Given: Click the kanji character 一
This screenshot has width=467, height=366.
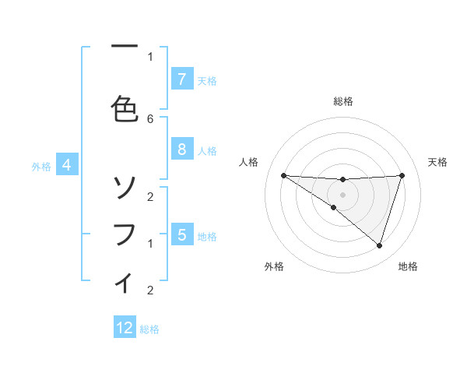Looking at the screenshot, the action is (x=125, y=48).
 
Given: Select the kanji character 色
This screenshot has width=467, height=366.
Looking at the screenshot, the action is (x=125, y=108).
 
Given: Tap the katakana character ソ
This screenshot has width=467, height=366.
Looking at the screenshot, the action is (x=125, y=186).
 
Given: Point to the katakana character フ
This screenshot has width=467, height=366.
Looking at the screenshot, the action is (x=125, y=234).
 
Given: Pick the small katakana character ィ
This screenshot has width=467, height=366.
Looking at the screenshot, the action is (x=125, y=282).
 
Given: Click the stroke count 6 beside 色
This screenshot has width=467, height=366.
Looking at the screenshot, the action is (x=150, y=118).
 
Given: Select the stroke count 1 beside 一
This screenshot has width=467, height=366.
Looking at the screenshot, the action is (x=150, y=56).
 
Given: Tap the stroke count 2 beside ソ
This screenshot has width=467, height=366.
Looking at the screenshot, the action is (x=150, y=196).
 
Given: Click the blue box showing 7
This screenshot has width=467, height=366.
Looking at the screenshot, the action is (x=181, y=79).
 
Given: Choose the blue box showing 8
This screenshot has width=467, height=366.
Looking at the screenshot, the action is (x=181, y=150).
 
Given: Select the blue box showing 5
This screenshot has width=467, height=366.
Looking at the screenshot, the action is (x=181, y=234).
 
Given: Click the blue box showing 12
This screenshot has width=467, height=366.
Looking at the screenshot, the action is (x=125, y=328).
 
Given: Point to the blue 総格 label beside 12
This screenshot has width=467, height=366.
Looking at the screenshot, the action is (x=149, y=329).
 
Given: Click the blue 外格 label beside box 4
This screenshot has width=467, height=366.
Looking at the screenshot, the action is (x=41, y=166).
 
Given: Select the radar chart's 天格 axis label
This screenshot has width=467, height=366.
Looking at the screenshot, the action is (x=438, y=162).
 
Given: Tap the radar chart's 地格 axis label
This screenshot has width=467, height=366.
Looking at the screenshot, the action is (x=408, y=266).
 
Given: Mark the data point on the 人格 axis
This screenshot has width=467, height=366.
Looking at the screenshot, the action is (x=283, y=175).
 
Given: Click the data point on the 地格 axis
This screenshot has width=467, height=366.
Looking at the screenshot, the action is (x=379, y=245).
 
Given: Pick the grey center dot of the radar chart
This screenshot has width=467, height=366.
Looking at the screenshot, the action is (x=342, y=195).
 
